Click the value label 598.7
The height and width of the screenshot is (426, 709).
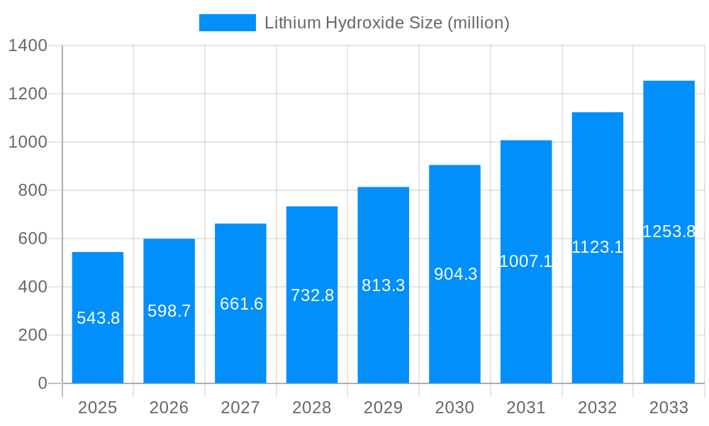(169, 311)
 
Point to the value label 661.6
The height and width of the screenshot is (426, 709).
(241, 304)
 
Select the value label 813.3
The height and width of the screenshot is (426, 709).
(384, 285)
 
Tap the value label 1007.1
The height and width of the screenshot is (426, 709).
(526, 261)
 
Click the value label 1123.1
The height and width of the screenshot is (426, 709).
(597, 247)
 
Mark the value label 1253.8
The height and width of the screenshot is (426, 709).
(669, 231)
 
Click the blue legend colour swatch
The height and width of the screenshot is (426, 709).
(227, 23)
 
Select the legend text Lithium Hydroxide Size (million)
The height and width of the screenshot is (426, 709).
(387, 23)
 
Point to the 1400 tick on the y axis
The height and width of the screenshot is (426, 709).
(28, 46)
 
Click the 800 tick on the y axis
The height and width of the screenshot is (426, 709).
(32, 190)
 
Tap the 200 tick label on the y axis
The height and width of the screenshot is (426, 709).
(32, 335)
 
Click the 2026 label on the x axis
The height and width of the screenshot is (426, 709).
(169, 408)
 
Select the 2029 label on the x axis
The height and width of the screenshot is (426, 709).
(384, 408)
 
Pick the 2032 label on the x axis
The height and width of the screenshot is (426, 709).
(597, 408)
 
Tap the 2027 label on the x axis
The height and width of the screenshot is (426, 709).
(241, 408)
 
